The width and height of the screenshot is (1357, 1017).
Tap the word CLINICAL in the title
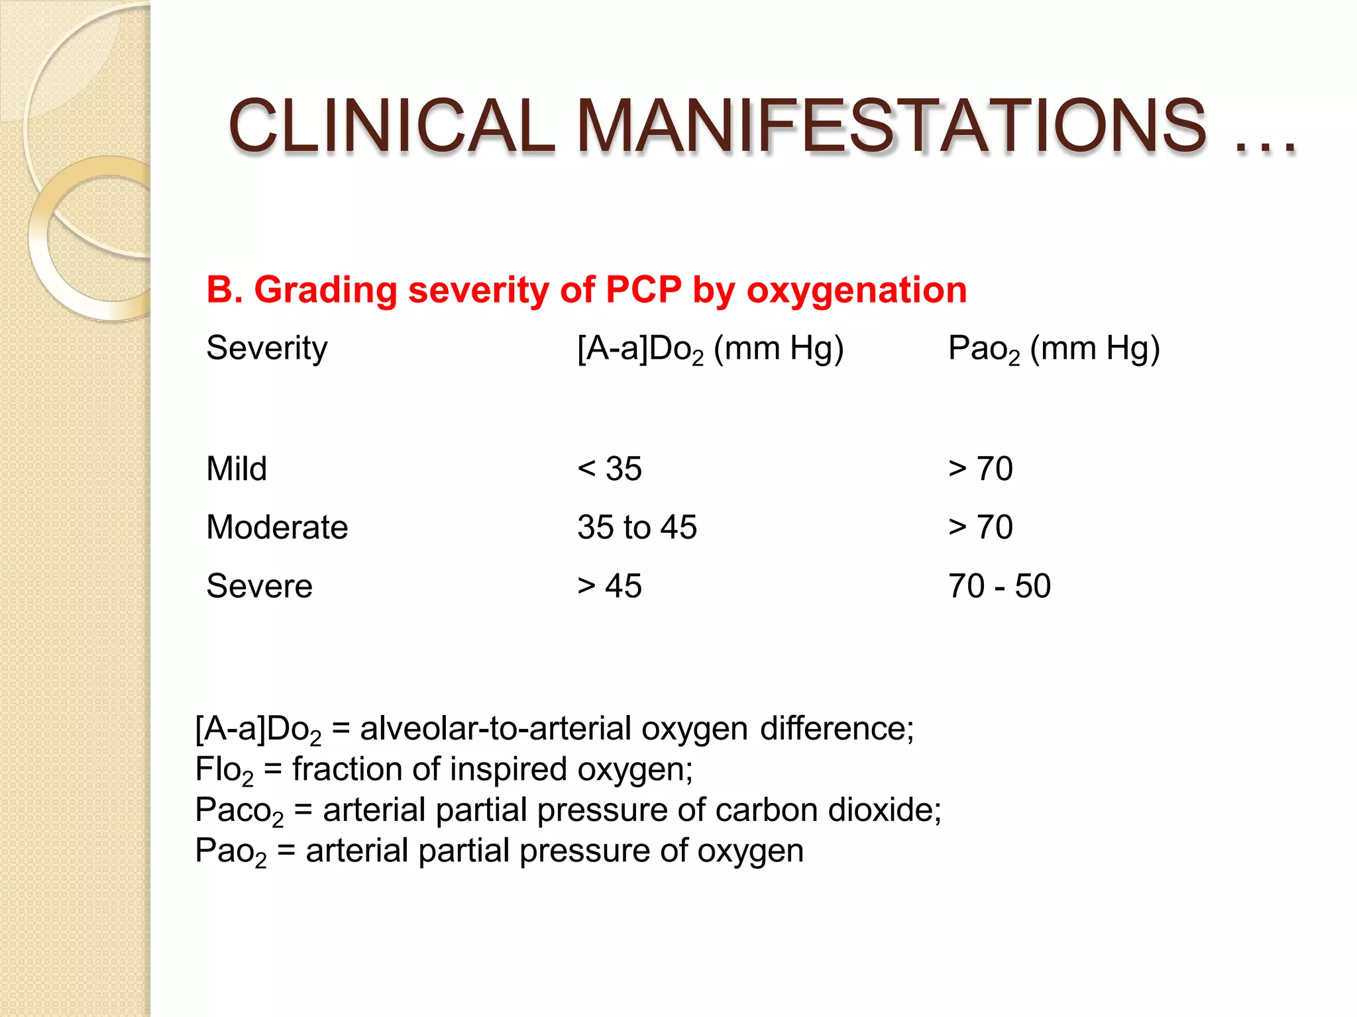[x=391, y=126]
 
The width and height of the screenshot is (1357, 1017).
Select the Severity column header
[x=267, y=348]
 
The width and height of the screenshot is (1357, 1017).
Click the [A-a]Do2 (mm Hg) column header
[x=710, y=348]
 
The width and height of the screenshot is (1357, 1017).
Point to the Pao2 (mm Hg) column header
[x=1054, y=348]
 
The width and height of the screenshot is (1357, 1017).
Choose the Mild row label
[x=237, y=469]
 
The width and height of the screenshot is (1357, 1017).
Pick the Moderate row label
[x=277, y=527]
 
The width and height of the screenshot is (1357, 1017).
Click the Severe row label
[x=259, y=586]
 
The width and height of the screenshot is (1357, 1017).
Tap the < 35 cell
[x=610, y=469]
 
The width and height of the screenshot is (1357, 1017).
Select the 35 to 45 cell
[x=637, y=527]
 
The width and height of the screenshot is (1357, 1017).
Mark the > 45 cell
[x=610, y=586]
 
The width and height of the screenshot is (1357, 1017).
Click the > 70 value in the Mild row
[x=981, y=469]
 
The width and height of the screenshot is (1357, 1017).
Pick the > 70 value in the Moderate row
[x=981, y=527]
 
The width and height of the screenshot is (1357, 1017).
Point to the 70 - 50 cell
[x=999, y=586]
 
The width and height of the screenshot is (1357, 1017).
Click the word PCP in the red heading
[x=643, y=290]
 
